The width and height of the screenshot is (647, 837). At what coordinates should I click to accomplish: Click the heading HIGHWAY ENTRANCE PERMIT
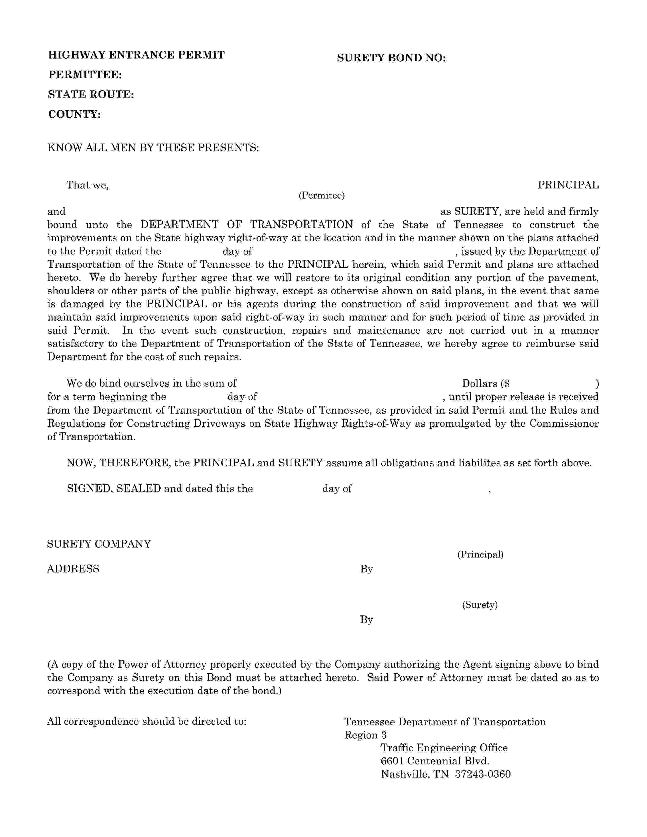click(x=137, y=55)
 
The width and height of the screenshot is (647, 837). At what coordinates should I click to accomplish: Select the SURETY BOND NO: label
click(x=391, y=58)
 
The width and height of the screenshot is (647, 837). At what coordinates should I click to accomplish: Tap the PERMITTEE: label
click(x=85, y=75)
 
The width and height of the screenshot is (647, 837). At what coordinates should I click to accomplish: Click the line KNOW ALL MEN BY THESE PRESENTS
click(x=153, y=148)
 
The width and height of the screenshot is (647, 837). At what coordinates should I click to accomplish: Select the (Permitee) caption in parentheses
click(x=321, y=196)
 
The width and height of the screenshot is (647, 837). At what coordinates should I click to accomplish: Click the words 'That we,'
click(x=87, y=185)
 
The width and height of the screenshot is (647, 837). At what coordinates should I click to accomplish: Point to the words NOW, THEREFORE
click(x=118, y=463)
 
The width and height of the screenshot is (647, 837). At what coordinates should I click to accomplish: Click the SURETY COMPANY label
click(x=99, y=544)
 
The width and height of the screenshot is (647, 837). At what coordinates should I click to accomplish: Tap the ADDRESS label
click(x=73, y=569)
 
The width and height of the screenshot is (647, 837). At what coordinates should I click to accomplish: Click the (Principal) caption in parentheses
click(x=480, y=554)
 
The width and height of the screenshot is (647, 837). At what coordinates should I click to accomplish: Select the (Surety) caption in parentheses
click(x=480, y=605)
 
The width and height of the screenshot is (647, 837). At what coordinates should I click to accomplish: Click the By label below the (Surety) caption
click(x=366, y=620)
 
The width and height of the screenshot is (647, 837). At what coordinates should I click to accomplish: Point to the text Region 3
click(x=365, y=735)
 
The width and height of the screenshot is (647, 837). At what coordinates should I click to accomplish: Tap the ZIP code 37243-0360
click(x=483, y=775)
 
